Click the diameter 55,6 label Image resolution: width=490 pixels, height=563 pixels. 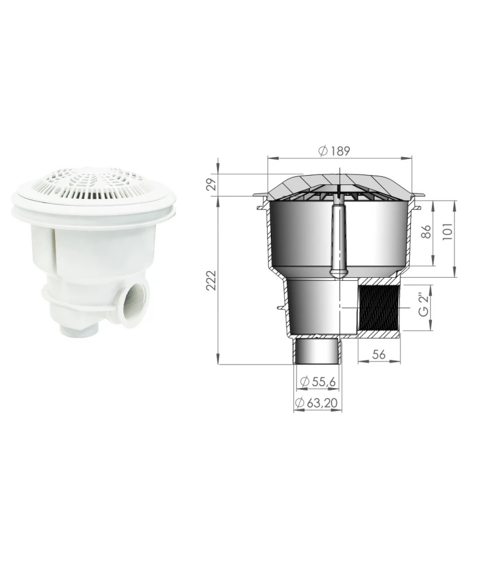[x=317, y=382]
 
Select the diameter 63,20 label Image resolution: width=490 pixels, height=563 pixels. [x=317, y=403]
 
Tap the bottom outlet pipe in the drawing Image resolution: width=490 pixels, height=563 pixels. [x=317, y=352]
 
